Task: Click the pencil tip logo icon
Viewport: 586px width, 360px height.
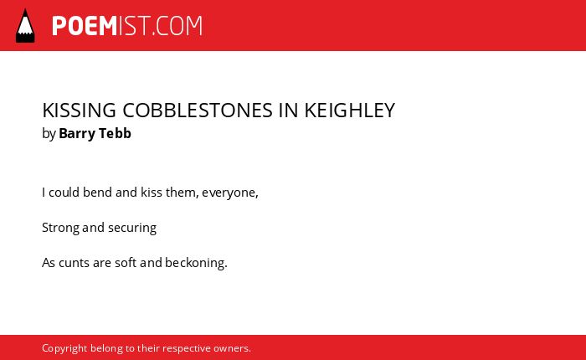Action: click(x=25, y=26)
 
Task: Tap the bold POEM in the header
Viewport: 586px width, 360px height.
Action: click(x=85, y=26)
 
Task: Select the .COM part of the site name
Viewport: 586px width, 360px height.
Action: click(x=177, y=26)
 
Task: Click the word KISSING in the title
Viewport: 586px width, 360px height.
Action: click(x=80, y=111)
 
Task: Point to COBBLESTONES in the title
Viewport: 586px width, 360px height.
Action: click(x=198, y=111)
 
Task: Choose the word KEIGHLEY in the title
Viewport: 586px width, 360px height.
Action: click(x=349, y=111)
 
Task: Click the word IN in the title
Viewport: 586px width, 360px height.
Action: click(x=288, y=111)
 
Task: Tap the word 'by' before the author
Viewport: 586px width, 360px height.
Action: click(x=49, y=134)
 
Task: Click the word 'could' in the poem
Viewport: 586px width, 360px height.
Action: click(x=64, y=193)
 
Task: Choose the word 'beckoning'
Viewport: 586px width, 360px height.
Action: click(x=195, y=263)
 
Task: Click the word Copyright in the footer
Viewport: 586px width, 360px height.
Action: click(x=64, y=348)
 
